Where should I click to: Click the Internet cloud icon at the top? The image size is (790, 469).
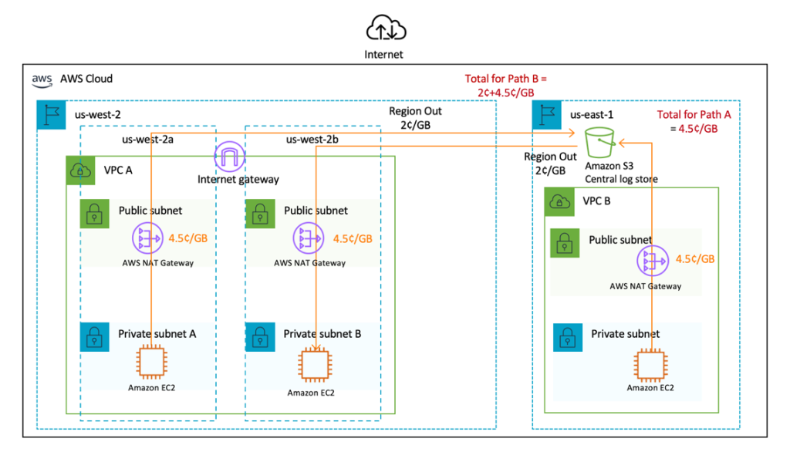click(386, 28)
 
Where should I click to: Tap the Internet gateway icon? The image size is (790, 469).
click(229, 157)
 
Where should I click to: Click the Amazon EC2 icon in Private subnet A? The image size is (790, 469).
click(151, 362)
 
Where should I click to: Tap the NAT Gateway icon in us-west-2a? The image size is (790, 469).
click(147, 239)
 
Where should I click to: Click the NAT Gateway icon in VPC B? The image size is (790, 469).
click(652, 262)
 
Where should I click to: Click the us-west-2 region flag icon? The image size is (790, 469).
click(51, 115)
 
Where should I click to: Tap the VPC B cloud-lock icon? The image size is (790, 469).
click(559, 202)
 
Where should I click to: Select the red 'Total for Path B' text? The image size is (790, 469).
click(506, 86)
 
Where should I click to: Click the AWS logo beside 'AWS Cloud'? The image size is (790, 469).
click(42, 79)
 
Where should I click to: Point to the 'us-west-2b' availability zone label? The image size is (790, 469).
click(312, 140)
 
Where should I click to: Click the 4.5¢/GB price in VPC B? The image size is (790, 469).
click(695, 259)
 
